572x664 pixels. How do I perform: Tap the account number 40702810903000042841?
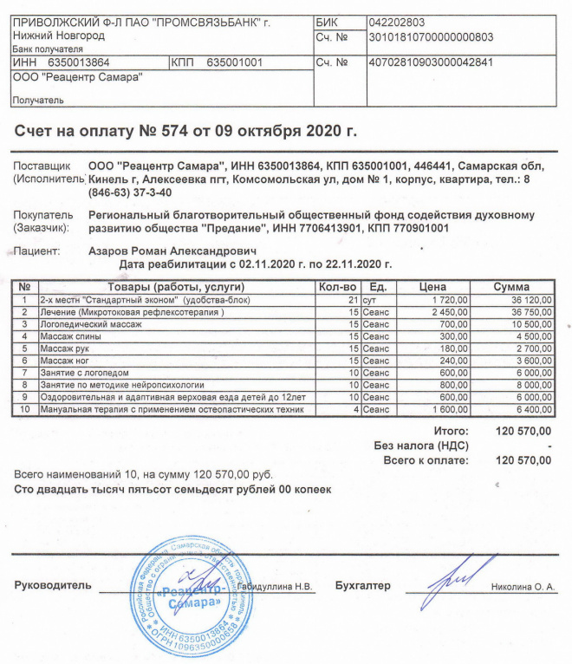tap(431, 63)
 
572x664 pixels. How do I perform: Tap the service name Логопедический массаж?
tap(90, 323)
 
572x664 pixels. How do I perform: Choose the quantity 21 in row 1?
tap(351, 299)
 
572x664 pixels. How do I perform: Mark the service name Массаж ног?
tap(68, 360)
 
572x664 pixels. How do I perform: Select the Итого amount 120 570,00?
tap(522, 432)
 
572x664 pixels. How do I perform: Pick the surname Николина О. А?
tap(522, 588)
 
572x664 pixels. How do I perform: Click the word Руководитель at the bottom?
tap(53, 586)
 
